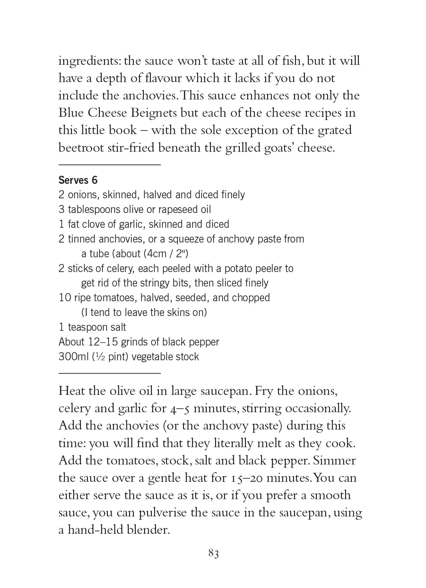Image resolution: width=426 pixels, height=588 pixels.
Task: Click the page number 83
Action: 213,554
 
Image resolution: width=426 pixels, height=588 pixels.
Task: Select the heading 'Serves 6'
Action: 78,180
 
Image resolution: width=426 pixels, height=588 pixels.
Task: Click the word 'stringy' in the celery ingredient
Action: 149,283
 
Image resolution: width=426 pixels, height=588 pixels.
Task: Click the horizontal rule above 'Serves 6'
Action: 109,165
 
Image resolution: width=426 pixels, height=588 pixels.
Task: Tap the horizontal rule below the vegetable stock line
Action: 109,373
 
